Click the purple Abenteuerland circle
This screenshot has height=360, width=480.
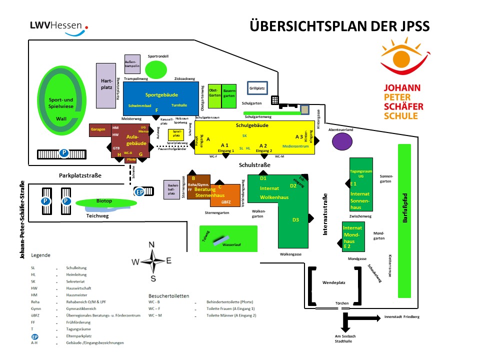click(342, 141)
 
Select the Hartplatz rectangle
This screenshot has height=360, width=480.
click(106, 85)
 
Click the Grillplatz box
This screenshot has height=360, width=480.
click(257, 88)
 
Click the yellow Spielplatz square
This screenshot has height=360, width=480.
click(176, 134)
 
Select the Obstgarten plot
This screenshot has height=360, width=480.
click(214, 96)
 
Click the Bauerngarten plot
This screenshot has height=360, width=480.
click(229, 96)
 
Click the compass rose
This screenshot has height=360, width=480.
click(152, 260)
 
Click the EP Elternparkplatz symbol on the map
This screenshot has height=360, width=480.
click(140, 191)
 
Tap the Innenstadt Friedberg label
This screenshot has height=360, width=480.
click(401, 317)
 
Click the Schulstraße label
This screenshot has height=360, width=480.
click(254, 165)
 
